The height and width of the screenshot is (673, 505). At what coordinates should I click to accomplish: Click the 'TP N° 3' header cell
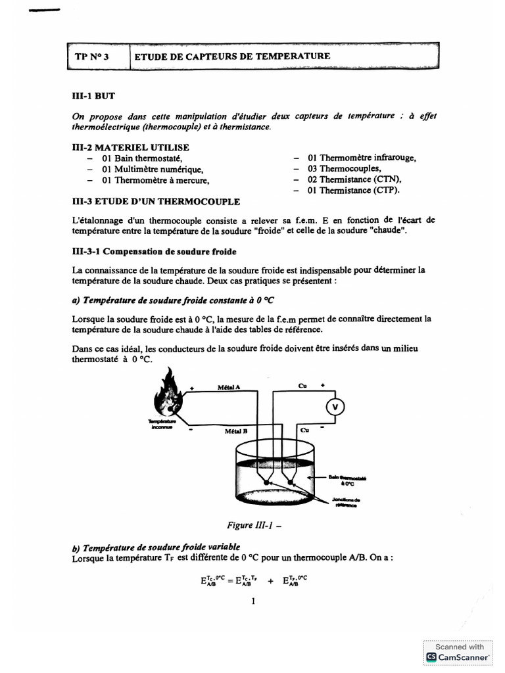pos(91,57)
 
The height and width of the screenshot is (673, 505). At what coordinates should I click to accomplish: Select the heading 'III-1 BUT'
pos(93,95)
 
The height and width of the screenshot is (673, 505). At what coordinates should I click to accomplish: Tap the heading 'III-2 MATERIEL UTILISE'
pos(130,148)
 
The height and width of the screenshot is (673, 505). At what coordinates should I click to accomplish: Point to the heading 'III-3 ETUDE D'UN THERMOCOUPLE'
pos(155,201)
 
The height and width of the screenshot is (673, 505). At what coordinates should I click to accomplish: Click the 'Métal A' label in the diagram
pos(228,387)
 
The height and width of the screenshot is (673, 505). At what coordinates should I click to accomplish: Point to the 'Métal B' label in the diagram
pos(235,431)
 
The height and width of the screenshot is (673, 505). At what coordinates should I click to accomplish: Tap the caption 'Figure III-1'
pos(251,525)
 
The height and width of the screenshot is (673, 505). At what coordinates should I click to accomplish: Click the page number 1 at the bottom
pos(252,600)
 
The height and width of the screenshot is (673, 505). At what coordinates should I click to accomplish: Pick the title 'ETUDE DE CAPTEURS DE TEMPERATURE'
pos(232,57)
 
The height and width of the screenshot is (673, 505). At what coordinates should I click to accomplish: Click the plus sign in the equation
pos(270,580)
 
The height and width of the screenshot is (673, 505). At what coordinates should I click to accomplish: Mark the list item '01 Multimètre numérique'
pos(152,170)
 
